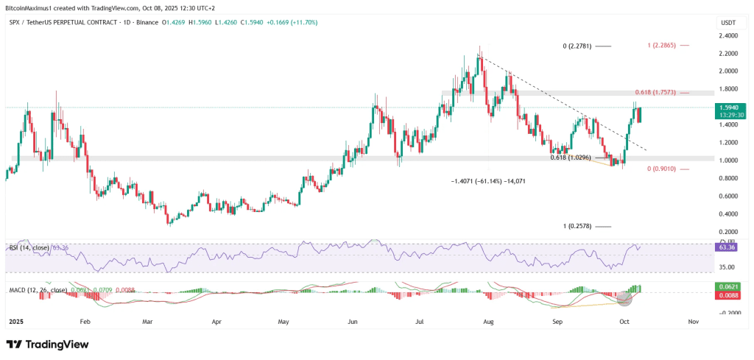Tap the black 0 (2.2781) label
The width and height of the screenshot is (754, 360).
(577, 46)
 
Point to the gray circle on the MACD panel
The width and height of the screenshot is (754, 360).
(625, 298)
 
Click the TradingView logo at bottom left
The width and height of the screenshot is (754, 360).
(47, 345)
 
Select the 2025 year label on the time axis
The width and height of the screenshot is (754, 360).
(15, 322)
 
